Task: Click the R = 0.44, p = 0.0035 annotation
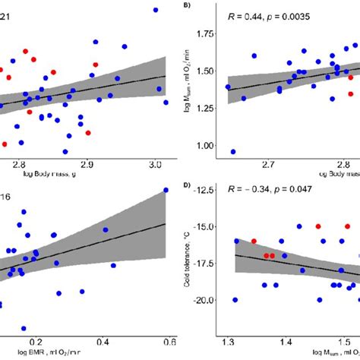point(270,15)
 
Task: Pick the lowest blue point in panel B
point(232,152)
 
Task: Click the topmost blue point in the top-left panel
point(155,10)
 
